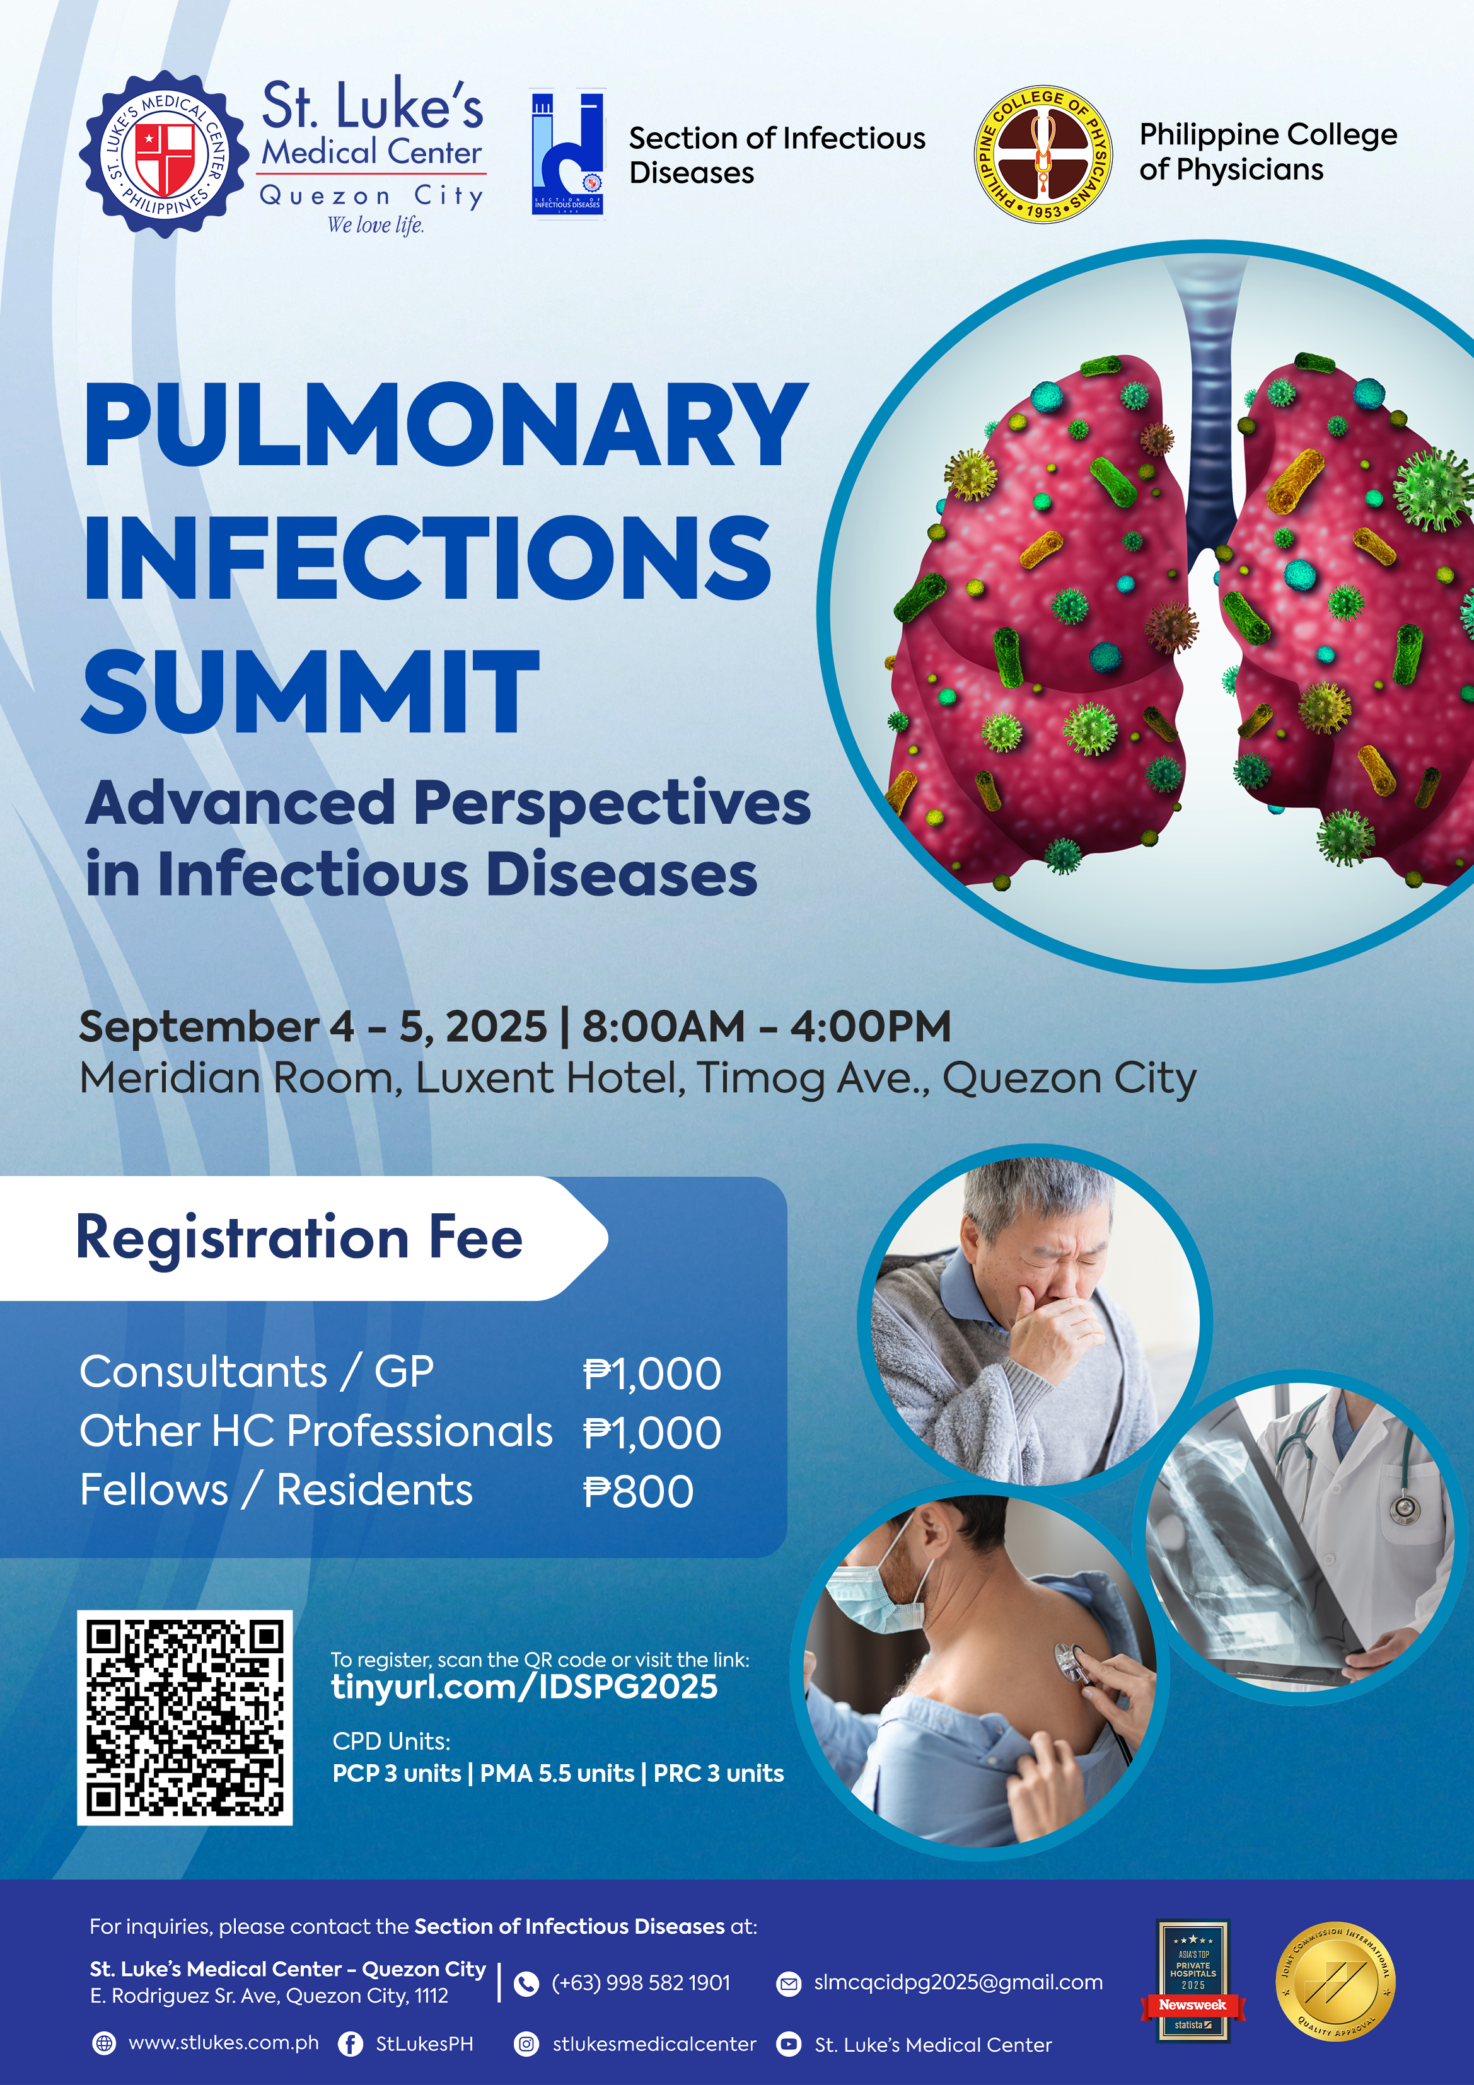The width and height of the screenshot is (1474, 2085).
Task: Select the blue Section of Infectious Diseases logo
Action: pos(567,152)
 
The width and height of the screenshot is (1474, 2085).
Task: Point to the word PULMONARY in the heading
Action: pos(445,424)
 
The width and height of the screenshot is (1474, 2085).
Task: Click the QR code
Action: pos(185,1717)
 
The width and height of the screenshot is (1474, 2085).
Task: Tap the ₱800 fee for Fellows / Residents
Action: pos(639,1491)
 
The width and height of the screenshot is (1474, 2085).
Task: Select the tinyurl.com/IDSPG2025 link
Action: pos(524,1687)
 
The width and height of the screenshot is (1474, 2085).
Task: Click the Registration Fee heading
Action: pos(299,1238)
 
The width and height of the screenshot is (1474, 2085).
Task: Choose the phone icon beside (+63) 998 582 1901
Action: pos(526,1984)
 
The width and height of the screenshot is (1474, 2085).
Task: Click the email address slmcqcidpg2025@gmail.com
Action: pos(958,1982)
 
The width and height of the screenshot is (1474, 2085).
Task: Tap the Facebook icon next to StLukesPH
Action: pos(351,2043)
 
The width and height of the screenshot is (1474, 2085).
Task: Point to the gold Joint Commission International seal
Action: pos(1335,1982)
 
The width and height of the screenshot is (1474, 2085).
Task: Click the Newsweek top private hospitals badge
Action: pos(1192,1980)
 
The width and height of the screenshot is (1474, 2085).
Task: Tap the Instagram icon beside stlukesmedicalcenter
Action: pos(526,2043)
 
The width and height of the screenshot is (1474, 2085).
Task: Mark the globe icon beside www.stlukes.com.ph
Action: pos(105,2043)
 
